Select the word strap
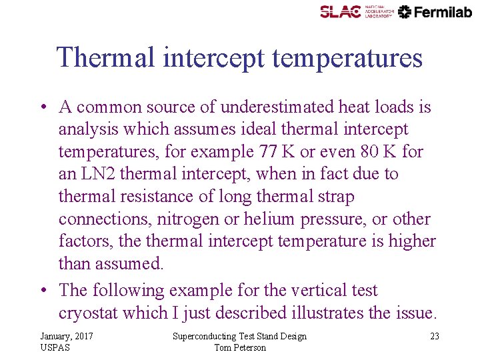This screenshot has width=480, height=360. click(337, 197)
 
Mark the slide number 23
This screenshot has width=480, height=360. click(434, 337)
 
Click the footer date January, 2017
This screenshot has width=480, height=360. click(67, 337)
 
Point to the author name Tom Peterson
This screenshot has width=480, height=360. click(240, 347)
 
